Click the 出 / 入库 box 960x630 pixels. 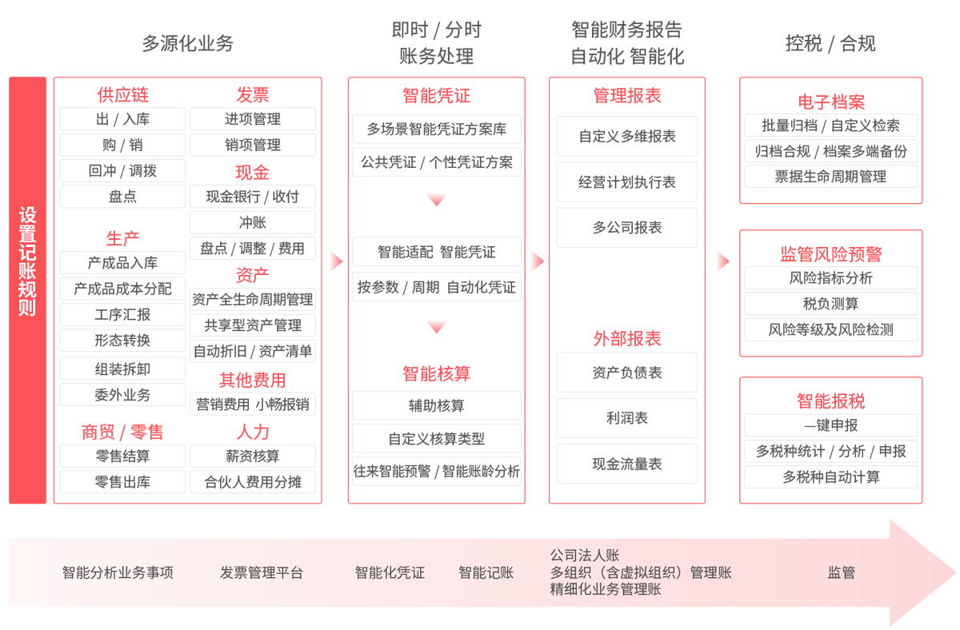click(x=122, y=119)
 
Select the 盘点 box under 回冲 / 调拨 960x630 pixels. click(x=122, y=196)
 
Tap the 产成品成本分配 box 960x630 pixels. click(x=122, y=289)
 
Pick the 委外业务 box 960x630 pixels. click(x=122, y=394)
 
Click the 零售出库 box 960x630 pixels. click(x=122, y=482)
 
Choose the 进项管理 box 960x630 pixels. click(x=253, y=119)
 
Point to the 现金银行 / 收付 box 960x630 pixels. click(x=253, y=197)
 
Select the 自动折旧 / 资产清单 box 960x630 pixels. click(x=253, y=351)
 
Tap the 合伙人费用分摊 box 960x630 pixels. click(x=253, y=482)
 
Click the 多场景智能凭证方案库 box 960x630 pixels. click(x=437, y=129)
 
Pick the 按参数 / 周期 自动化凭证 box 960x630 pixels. click(x=437, y=287)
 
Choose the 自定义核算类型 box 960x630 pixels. click(x=437, y=439)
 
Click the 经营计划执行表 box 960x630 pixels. click(x=627, y=182)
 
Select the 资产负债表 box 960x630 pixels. click(x=627, y=373)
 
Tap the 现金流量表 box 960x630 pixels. click(x=627, y=464)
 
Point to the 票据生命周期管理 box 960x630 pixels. click(x=830, y=177)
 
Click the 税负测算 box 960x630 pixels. click(x=830, y=304)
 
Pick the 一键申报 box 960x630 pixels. click(x=830, y=425)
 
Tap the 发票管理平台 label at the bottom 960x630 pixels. click(x=262, y=572)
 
